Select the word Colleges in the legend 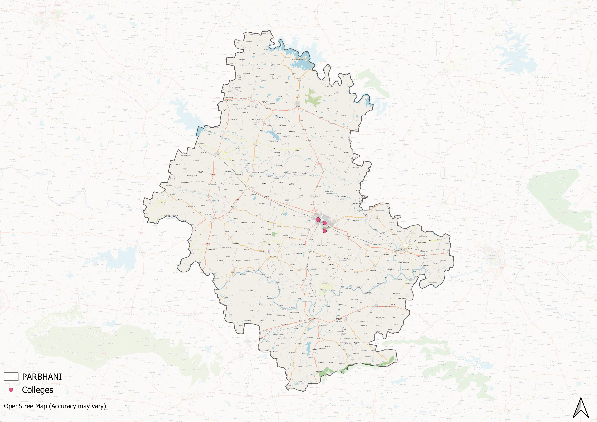(37, 390)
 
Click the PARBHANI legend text (42, 377)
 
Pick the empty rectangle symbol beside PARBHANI (11, 377)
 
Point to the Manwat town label (234, 207)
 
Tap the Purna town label (402, 249)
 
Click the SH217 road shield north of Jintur (298, 98)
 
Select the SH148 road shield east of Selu (254, 157)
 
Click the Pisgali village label (348, 239)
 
